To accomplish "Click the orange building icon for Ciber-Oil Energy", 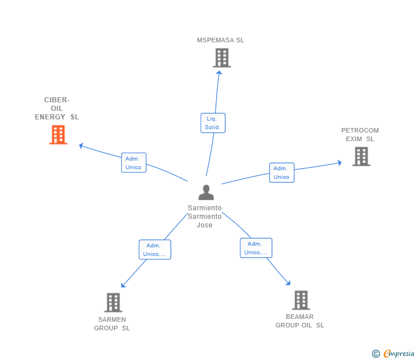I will [58, 135].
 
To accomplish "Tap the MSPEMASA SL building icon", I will [222, 58].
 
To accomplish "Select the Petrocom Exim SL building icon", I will [361, 156].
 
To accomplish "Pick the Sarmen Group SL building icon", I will [113, 302].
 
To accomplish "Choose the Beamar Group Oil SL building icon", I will [301, 300].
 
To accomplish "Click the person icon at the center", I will [206, 193].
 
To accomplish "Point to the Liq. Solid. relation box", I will [213, 123].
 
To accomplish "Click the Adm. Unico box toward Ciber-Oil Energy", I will [134, 163].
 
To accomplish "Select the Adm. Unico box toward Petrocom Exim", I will [281, 173].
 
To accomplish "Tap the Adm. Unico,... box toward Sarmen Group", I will [155, 250].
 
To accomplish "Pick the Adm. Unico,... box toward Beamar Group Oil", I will [255, 248].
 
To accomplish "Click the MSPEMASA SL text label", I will [221, 40].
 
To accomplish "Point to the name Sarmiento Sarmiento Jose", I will [205, 217].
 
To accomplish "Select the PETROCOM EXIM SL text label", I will [360, 134].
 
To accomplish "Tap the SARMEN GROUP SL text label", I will [113, 323].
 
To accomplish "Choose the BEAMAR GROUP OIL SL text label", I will [300, 321].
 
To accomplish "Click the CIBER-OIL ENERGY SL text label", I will [57, 109].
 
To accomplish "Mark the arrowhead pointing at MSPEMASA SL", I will [219, 71].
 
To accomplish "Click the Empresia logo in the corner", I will [398, 354].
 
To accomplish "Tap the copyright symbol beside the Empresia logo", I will [375, 354].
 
